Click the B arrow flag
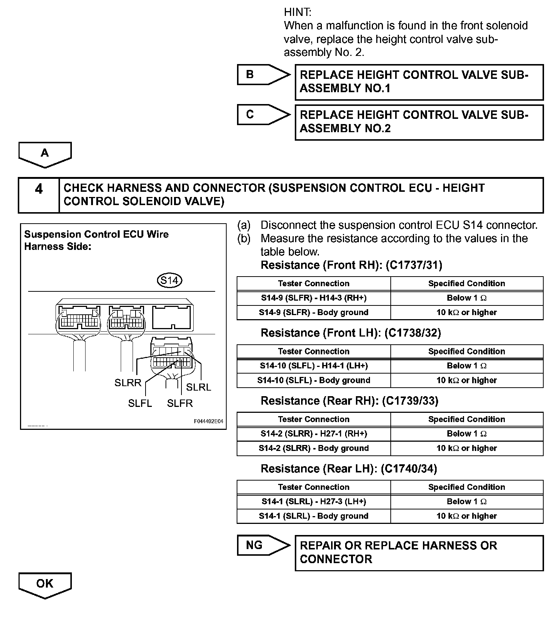click(x=263, y=75)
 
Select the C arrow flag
click(x=263, y=115)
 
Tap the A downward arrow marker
click(x=45, y=154)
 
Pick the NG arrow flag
click(x=263, y=545)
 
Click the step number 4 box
click(x=39, y=195)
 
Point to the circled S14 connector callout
click(x=170, y=281)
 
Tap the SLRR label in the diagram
click(x=128, y=383)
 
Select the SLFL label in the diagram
click(x=140, y=403)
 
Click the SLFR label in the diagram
click(x=180, y=403)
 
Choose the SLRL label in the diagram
click(x=199, y=387)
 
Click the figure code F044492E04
click(x=209, y=421)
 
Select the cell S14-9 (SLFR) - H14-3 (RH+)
click(x=314, y=298)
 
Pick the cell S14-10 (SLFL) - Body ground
click(x=314, y=380)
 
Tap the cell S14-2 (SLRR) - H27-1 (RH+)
click(x=314, y=434)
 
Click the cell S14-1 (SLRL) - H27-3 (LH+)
click(x=314, y=502)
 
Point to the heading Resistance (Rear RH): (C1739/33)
click(x=349, y=401)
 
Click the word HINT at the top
click(x=297, y=12)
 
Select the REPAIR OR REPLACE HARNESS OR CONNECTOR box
click(x=419, y=552)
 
